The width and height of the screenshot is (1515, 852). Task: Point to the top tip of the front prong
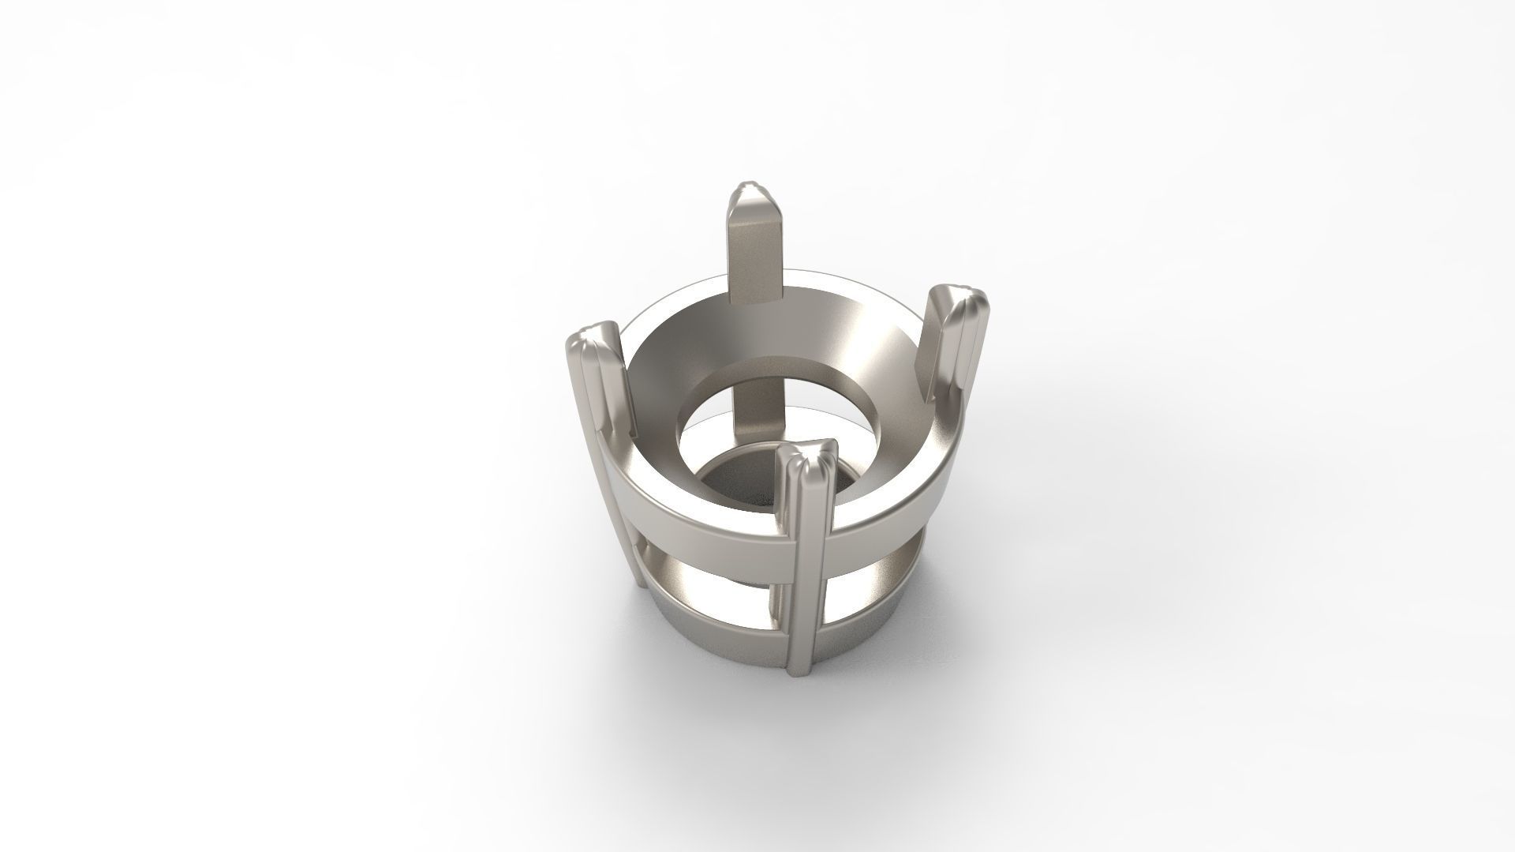pos(806,455)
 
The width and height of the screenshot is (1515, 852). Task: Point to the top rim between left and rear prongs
pos(671,304)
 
